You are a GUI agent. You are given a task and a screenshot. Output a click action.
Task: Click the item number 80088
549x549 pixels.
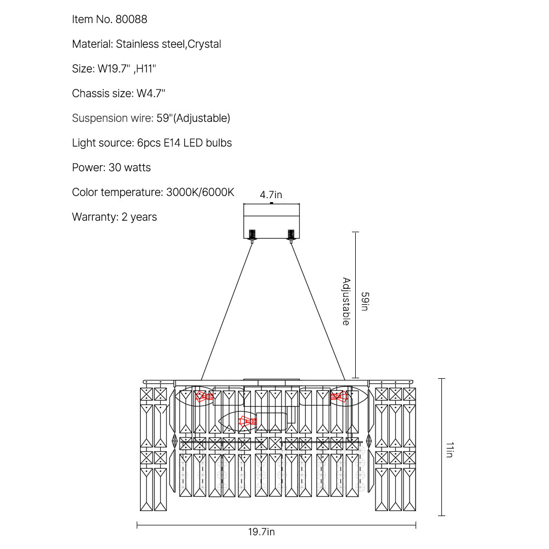pos(131,20)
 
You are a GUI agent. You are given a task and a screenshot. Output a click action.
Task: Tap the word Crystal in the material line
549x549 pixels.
pos(205,44)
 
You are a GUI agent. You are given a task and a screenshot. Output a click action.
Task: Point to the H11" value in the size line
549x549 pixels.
pos(146,69)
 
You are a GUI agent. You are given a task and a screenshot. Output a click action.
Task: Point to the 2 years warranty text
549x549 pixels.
pos(139,217)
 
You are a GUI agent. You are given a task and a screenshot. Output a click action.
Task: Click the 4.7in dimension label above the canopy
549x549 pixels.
pos(271,195)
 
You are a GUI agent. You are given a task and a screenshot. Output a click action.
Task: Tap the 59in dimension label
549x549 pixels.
pos(365,301)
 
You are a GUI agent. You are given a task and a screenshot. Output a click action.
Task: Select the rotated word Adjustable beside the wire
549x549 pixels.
pos(346,301)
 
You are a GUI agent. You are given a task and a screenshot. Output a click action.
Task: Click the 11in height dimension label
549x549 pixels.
pos(450,451)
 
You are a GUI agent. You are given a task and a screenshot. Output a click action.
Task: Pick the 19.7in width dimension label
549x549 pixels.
pos(261,531)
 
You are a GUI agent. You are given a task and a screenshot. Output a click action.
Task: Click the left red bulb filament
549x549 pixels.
pos(205,396)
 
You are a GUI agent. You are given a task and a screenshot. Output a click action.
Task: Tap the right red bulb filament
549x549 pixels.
pos(338,396)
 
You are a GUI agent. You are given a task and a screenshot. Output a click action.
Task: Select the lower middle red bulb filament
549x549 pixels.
pos(247,422)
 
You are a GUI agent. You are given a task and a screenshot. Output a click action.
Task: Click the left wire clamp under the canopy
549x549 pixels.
pos(253,234)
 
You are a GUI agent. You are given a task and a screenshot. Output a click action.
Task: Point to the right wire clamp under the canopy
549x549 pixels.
pos(291,234)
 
